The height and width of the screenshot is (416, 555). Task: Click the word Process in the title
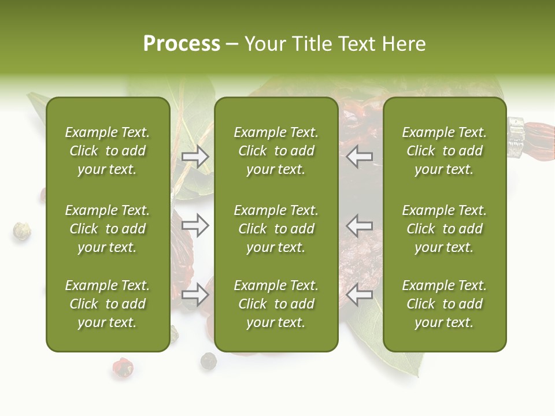pyautogui.click(x=182, y=44)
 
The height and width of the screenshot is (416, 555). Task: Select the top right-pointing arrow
pyautogui.click(x=195, y=157)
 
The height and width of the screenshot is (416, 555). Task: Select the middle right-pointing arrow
pyautogui.click(x=195, y=225)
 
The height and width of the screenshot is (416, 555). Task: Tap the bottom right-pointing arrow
pyautogui.click(x=195, y=295)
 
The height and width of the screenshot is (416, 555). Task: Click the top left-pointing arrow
pyautogui.click(x=360, y=156)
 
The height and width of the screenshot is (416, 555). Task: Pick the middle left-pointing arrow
pyautogui.click(x=360, y=225)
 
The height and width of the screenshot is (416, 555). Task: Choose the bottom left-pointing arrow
pyautogui.click(x=360, y=295)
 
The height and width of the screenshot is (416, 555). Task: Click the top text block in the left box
pyautogui.click(x=108, y=151)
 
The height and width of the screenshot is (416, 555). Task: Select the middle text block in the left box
pyautogui.click(x=108, y=229)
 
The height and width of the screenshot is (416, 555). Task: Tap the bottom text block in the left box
pyautogui.click(x=108, y=304)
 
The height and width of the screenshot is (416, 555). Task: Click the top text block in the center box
pyautogui.click(x=276, y=151)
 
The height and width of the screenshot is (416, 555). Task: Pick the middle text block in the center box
pyautogui.click(x=276, y=229)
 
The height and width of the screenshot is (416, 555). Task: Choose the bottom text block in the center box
pyautogui.click(x=276, y=304)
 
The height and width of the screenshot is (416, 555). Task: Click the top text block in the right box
pyautogui.click(x=445, y=151)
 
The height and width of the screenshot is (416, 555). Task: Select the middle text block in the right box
pyautogui.click(x=445, y=229)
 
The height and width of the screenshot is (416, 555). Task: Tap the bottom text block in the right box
pyautogui.click(x=445, y=304)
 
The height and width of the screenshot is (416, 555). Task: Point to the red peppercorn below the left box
pyautogui.click(x=123, y=367)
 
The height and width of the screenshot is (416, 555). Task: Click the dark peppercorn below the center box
pyautogui.click(x=208, y=361)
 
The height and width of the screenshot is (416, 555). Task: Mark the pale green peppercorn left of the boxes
pyautogui.click(x=22, y=231)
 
